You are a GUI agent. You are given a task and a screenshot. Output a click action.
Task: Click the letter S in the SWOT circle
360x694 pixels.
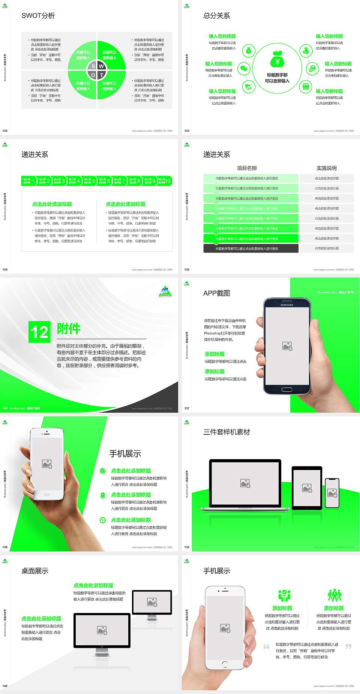coord(93,66)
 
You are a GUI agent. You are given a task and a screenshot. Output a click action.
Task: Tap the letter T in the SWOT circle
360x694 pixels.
coord(101,75)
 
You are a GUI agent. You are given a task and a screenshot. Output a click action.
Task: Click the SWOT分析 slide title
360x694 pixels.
coord(38,16)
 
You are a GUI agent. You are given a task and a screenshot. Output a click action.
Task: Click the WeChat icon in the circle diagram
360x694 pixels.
coord(244,69)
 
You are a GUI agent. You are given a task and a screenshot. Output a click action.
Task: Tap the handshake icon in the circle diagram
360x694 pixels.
coord(248,87)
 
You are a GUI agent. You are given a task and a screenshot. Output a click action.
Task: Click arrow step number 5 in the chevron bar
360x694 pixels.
coord(90,181)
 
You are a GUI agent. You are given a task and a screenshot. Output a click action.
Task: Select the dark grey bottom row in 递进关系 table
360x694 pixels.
coord(250,248)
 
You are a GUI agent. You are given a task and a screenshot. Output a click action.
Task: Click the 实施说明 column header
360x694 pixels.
coord(327,168)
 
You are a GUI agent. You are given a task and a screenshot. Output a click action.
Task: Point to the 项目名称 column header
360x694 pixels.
coord(247,168)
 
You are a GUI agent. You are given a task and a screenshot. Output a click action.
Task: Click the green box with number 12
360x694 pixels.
coord(39,332)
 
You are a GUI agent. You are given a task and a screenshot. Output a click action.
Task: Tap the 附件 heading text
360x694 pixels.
coord(69,329)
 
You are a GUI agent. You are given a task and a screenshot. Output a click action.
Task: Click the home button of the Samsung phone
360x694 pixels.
coord(286,389)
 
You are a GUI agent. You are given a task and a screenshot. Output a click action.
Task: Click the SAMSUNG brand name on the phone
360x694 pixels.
coord(287,305)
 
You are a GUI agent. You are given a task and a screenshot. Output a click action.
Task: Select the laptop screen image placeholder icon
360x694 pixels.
coord(245,483)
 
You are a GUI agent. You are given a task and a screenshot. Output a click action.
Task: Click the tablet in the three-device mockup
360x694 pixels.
coord(307,488)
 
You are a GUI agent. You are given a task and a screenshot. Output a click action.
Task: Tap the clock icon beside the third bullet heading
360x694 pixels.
coord(103,520)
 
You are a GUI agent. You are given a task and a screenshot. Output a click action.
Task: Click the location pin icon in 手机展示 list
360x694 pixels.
coord(103,495)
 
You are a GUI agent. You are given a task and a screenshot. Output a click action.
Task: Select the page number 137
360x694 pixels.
coord(187,408)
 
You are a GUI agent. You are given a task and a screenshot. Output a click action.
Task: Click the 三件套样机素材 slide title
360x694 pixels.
coord(226,432)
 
